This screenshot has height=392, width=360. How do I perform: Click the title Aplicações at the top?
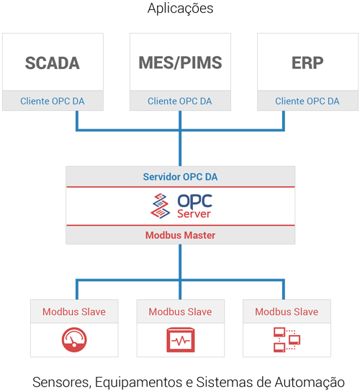tap(180, 9)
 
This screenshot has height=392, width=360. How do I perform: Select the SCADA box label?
tap(53, 63)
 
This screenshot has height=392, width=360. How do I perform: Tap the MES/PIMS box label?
tap(180, 63)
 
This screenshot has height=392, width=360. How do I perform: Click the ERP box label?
tap(307, 63)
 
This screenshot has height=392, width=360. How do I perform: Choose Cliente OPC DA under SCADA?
tap(53, 101)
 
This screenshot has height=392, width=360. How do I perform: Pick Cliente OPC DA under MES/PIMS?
tap(180, 101)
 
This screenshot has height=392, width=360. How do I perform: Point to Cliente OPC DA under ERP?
tap(307, 101)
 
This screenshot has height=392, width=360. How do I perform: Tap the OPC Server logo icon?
tap(161, 206)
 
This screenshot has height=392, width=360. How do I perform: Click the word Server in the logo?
tap(194, 214)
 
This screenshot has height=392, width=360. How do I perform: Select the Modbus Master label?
tap(180, 235)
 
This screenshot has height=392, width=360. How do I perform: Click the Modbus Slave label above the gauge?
tap(74, 311)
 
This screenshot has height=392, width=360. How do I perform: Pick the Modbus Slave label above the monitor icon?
tap(180, 311)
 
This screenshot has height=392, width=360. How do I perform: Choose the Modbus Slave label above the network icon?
tap(287, 311)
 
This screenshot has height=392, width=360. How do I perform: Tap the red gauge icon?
tap(74, 339)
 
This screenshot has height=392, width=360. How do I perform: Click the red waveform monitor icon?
tap(180, 339)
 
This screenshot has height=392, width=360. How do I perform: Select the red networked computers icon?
tap(287, 339)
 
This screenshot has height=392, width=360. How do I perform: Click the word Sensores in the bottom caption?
tap(60, 381)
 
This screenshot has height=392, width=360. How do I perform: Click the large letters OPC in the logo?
tap(194, 201)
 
